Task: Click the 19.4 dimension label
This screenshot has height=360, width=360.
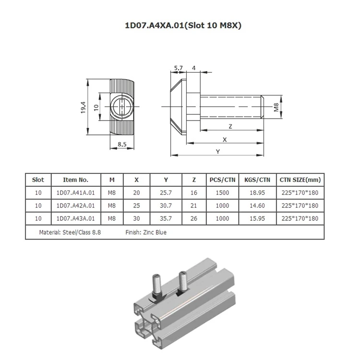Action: click(x=83, y=107)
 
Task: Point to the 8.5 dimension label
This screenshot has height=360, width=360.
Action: click(x=121, y=144)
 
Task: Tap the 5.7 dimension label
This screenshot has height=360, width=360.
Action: click(x=179, y=68)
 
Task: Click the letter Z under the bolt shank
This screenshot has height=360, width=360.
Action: click(x=231, y=126)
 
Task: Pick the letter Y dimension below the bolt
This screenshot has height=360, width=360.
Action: click(x=218, y=151)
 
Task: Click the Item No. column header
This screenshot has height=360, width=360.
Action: click(x=76, y=180)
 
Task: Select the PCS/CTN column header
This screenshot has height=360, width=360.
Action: click(x=222, y=180)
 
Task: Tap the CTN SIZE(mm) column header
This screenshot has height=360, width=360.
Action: click(x=300, y=180)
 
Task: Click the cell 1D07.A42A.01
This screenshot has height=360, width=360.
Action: click(x=76, y=205)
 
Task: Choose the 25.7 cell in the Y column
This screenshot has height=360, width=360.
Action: click(x=166, y=193)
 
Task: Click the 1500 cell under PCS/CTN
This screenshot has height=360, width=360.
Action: click(x=222, y=193)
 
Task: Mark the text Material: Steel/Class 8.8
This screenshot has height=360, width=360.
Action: click(x=71, y=232)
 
